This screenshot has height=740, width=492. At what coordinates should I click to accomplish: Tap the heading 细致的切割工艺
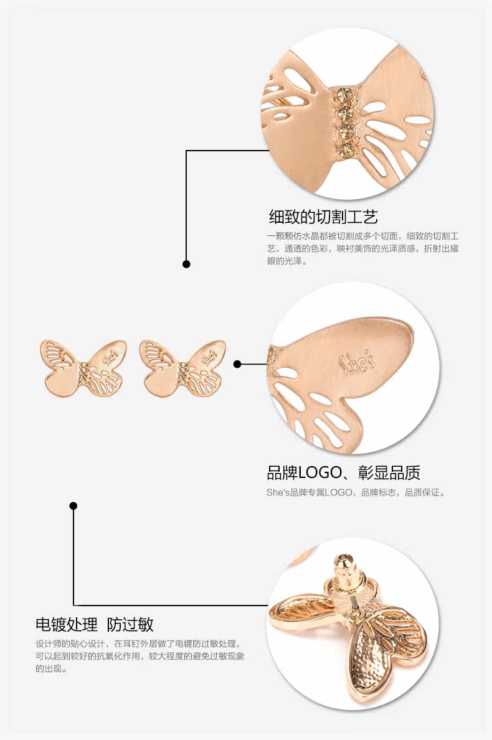(x=323, y=217)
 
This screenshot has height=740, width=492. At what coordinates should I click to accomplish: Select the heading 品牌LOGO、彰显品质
(x=343, y=472)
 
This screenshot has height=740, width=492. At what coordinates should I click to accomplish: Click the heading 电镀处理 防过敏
(x=95, y=624)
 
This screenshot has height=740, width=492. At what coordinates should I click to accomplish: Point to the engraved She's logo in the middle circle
(x=356, y=362)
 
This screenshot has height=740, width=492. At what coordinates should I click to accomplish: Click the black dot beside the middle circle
(x=237, y=364)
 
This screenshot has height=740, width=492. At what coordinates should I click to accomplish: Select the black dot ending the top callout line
(x=186, y=264)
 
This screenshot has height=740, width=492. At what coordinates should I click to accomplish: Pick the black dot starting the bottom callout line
(x=73, y=505)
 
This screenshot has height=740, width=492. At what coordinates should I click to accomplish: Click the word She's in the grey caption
(x=277, y=493)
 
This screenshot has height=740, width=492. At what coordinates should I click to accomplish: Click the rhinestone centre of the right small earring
(x=182, y=372)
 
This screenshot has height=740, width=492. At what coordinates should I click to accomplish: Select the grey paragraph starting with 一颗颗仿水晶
(x=362, y=248)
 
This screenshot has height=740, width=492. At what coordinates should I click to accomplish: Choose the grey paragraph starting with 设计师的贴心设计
(x=138, y=656)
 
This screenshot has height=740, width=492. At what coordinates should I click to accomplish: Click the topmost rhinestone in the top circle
(x=343, y=94)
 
